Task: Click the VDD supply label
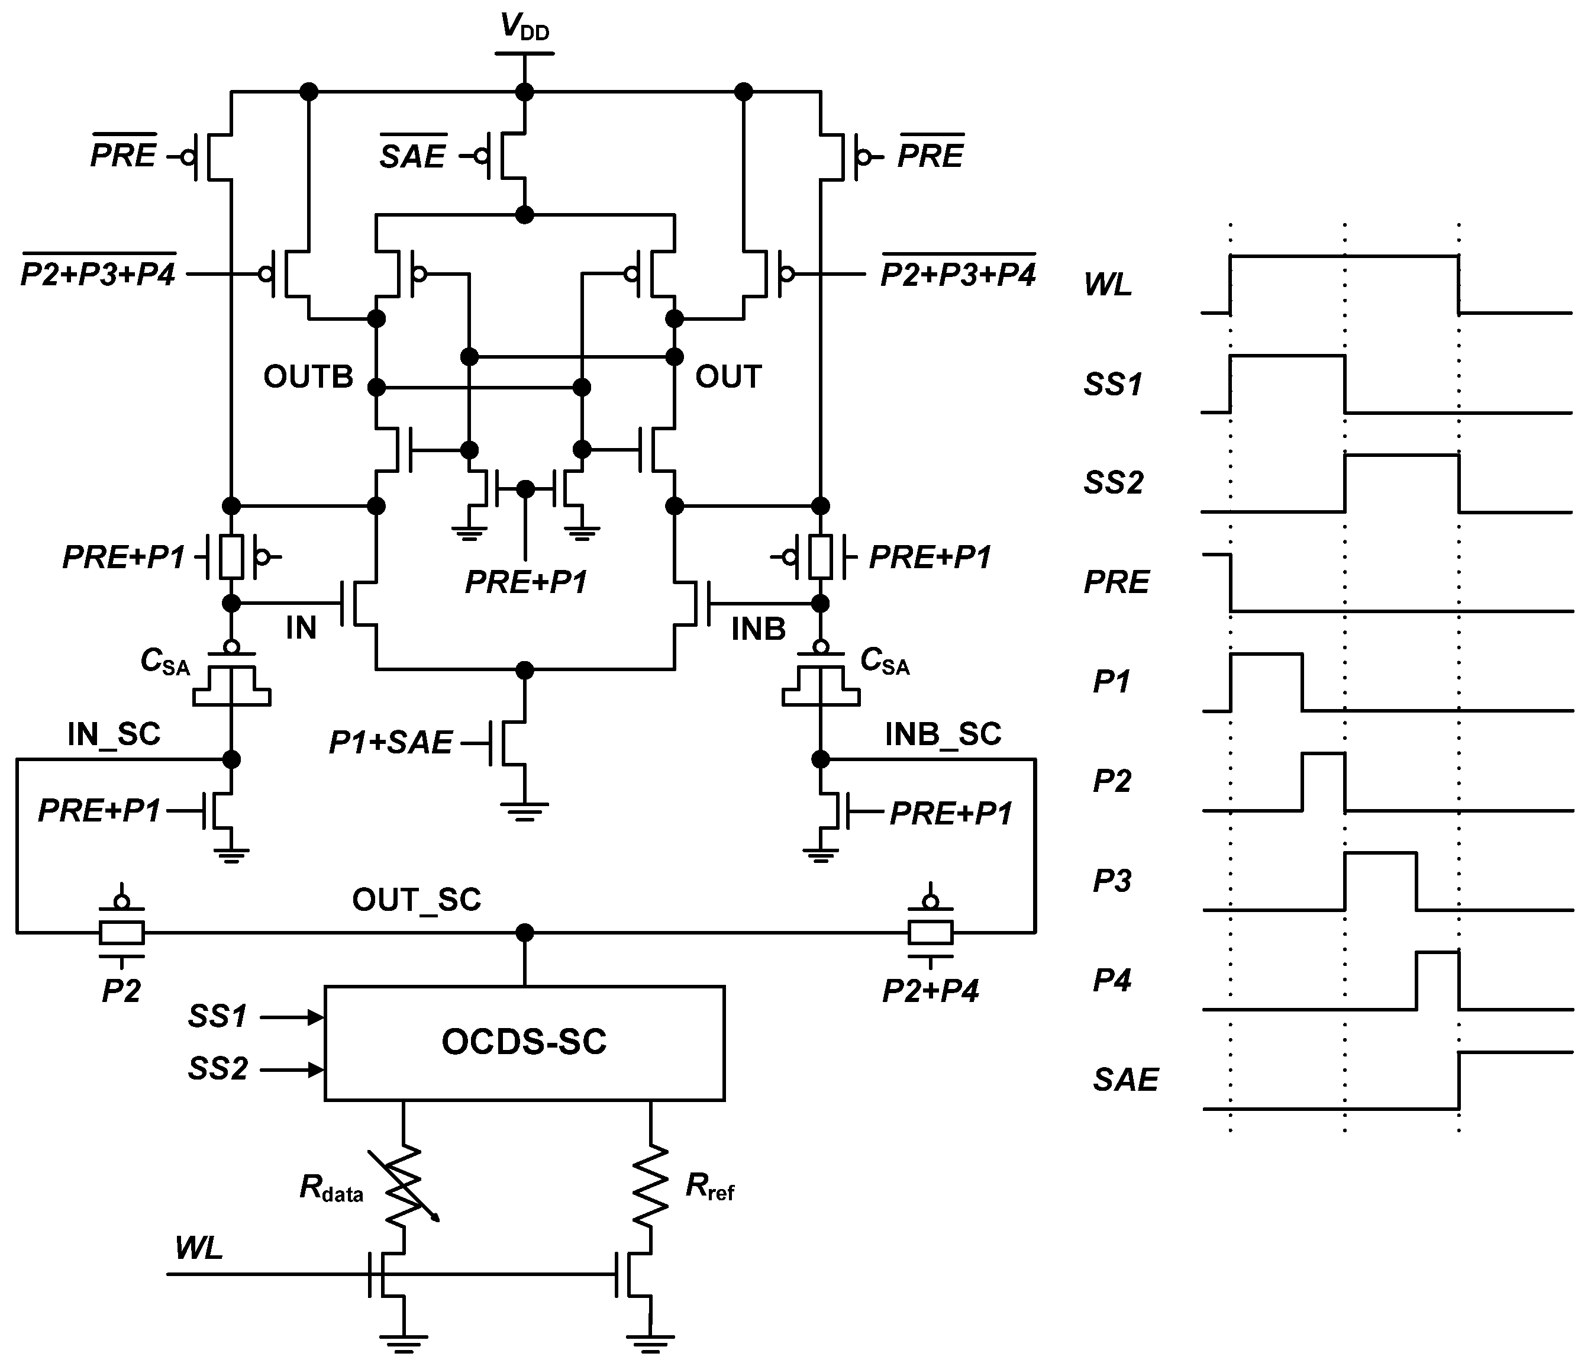[x=525, y=28]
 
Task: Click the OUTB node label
[x=308, y=377]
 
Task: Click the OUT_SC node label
[x=416, y=900]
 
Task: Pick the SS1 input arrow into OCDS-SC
[x=292, y=1017]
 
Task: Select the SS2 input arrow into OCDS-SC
[x=292, y=1069]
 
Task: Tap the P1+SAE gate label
[x=390, y=743]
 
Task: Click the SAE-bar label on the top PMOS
[x=413, y=157]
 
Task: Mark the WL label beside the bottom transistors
[x=198, y=1248]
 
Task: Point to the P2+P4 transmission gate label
[x=930, y=991]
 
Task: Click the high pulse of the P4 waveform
[x=1437, y=953]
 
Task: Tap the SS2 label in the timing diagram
[x=1113, y=482]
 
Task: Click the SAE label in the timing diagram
[x=1125, y=1080]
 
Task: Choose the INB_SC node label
[x=943, y=734]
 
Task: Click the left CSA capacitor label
[x=164, y=662]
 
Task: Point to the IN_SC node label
[x=114, y=734]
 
